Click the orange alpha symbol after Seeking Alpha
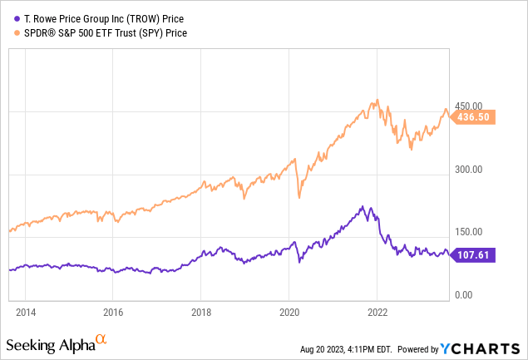point(101,339)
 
